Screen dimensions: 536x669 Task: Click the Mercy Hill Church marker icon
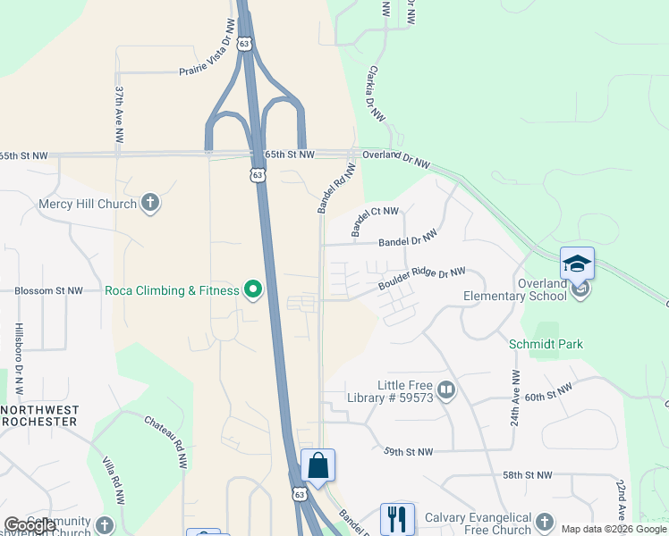pyautogui.click(x=150, y=204)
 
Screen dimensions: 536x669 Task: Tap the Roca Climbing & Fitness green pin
pyautogui.click(x=253, y=289)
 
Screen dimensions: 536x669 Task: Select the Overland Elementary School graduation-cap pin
pyautogui.click(x=577, y=264)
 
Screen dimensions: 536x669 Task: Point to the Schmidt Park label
pyautogui.click(x=546, y=344)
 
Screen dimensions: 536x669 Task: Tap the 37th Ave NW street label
pyautogui.click(x=119, y=115)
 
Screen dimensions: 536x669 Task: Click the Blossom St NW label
pyautogui.click(x=49, y=291)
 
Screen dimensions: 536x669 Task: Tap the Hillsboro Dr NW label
pyautogui.click(x=19, y=360)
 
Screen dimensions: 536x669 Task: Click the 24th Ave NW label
pyautogui.click(x=515, y=397)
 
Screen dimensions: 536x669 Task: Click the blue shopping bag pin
pyautogui.click(x=318, y=465)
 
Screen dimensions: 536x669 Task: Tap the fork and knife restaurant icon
pyautogui.click(x=397, y=518)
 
